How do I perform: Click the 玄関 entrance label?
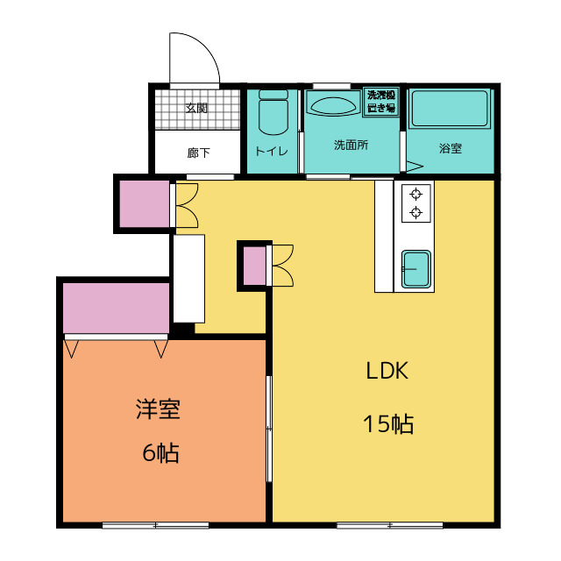coord(196,108)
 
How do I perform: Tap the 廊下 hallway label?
coord(198,153)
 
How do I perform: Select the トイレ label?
coord(272,151)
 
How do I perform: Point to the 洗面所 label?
coord(351,145)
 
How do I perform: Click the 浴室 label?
coord(451,148)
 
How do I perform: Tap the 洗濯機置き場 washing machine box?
coord(381,102)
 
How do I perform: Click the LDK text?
coord(387,370)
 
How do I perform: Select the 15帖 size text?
coord(388,424)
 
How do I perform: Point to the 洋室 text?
coord(158,408)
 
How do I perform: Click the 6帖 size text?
coord(160,452)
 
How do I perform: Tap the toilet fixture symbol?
coord(273,112)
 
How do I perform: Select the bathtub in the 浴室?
coord(450,109)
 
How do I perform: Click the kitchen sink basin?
coord(415,269)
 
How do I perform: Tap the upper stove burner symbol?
coord(415,195)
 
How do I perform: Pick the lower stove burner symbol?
coord(415,212)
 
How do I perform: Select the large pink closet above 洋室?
coord(116,308)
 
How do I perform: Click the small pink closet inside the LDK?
coord(255,266)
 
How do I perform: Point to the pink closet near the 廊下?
coord(144,204)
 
